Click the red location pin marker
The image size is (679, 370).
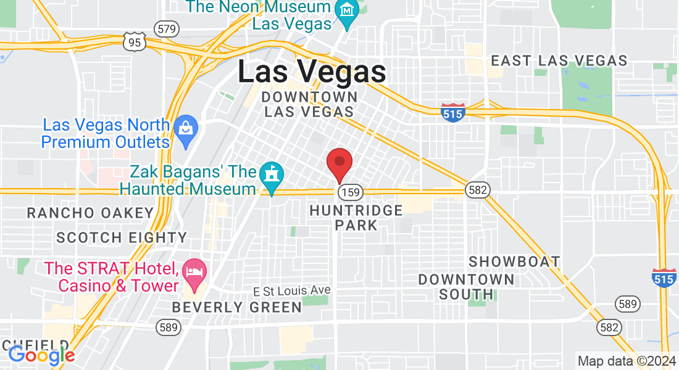click(339, 163)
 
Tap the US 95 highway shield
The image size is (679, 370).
click(134, 41)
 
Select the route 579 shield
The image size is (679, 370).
click(167, 28)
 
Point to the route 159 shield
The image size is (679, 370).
click(350, 192)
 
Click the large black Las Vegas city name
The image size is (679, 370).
click(312, 72)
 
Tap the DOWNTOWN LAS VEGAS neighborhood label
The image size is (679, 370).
click(309, 105)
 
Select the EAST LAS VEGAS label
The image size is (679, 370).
click(559, 60)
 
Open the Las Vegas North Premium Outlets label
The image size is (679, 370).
click(106, 133)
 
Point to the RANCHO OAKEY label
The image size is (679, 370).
click(90, 213)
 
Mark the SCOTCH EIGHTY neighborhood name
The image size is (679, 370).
click(122, 237)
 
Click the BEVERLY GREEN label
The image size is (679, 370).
click(237, 307)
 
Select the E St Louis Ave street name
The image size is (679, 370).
click(292, 290)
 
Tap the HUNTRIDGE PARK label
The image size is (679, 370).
click(356, 218)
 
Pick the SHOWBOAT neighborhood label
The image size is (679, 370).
click(514, 261)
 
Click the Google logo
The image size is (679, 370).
click(41, 355)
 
